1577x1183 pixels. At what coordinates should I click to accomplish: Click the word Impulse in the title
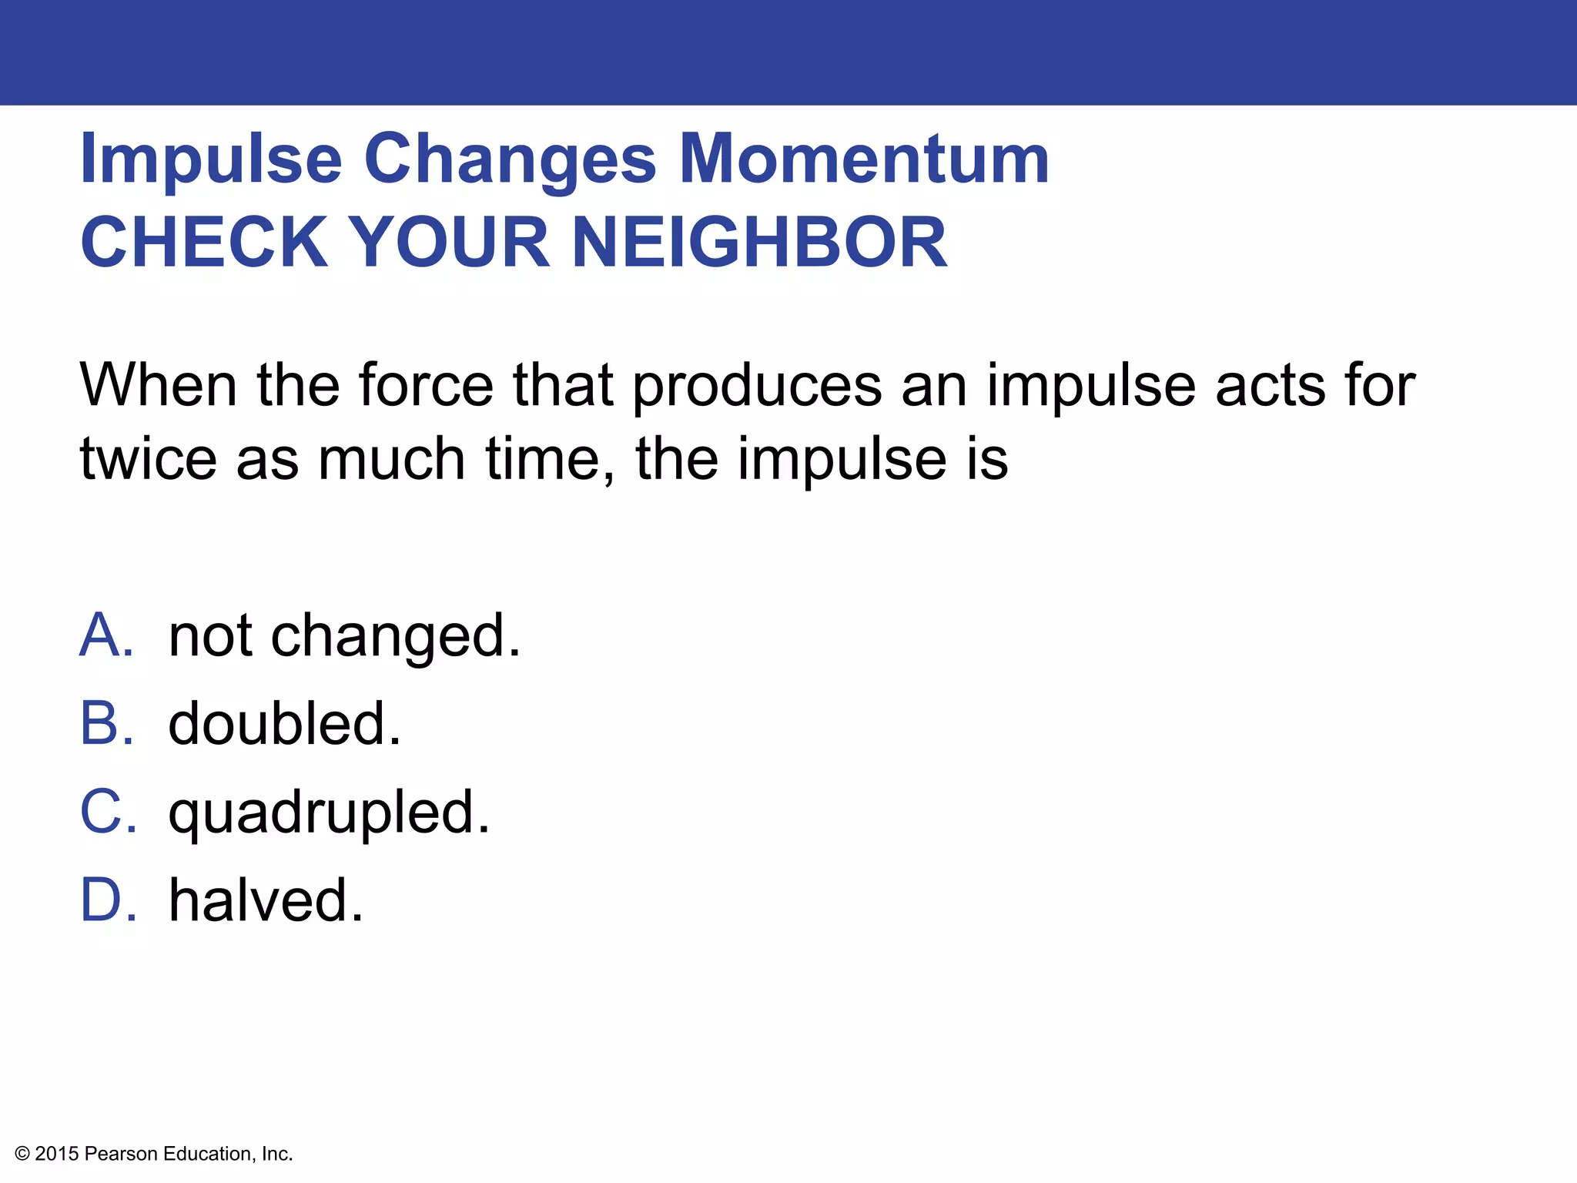click(211, 159)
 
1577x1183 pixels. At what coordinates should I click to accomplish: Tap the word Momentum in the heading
click(864, 159)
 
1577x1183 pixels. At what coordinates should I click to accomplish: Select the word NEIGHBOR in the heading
click(759, 242)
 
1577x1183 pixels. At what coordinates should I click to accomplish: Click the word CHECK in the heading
click(205, 242)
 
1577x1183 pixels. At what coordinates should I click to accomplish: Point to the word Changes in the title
click(510, 159)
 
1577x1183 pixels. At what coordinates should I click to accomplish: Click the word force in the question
click(426, 384)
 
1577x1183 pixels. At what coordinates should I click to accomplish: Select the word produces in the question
click(757, 384)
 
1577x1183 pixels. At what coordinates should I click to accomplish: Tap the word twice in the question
click(149, 458)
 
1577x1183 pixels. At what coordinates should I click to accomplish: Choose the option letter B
click(105, 724)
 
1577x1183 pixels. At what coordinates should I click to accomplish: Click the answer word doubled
click(284, 724)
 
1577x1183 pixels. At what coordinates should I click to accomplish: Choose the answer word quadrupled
click(329, 813)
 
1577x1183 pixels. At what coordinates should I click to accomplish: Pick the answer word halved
click(266, 900)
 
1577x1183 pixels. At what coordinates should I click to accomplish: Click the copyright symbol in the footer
click(22, 1154)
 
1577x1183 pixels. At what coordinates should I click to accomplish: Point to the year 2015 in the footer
click(57, 1154)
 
